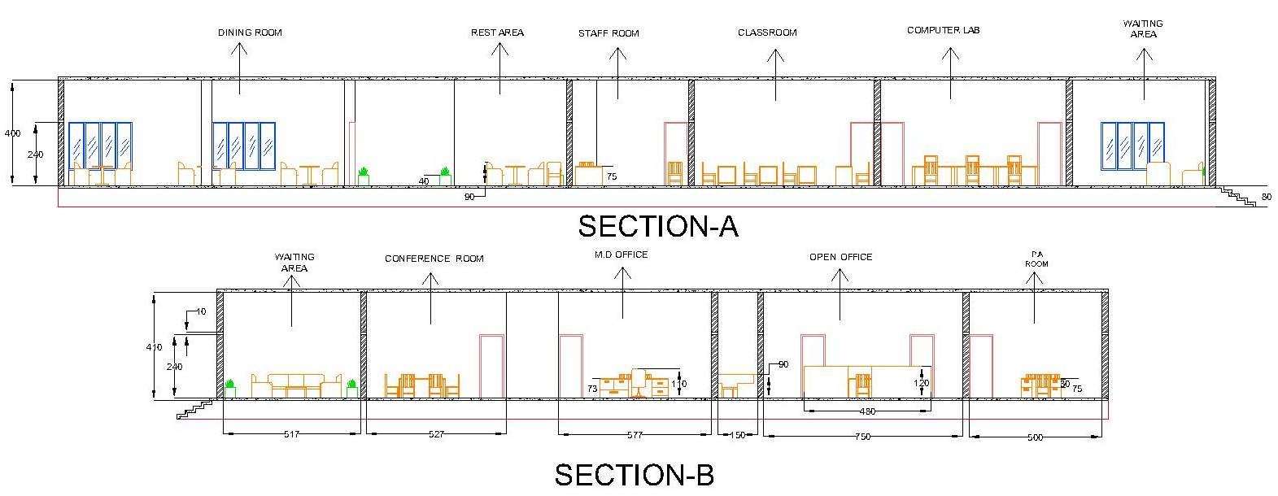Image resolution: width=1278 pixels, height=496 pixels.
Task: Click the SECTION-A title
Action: point(657,226)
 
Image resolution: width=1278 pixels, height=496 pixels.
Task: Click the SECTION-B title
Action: point(634,474)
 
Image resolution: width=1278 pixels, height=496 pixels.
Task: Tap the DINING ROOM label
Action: point(250,33)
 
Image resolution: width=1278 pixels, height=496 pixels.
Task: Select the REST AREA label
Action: point(497,33)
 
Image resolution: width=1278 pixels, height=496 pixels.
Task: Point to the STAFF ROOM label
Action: point(608,33)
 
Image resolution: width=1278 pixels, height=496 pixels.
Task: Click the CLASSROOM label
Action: point(767,33)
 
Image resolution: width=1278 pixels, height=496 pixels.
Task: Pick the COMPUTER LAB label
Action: point(944,30)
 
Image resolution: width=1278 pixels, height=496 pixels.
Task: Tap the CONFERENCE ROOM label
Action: point(434,259)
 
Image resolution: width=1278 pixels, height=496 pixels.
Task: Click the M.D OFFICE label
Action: point(622,255)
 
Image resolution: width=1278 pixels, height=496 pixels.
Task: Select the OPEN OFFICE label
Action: point(840,257)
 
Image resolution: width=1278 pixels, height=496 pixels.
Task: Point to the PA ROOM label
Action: point(1036,259)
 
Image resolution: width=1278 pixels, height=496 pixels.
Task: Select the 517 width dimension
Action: point(291,434)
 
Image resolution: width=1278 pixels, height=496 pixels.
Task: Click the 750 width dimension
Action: point(863,437)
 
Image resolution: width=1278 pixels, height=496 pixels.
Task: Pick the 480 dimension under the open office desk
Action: point(867,411)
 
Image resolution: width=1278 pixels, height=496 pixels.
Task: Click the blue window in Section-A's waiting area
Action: point(1132,146)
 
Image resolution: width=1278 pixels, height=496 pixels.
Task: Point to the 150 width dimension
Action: point(737,436)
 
